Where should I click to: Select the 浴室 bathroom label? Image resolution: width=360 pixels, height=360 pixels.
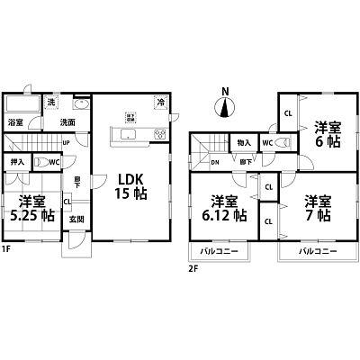click(x=16, y=121)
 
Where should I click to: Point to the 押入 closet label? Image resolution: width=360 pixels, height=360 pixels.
click(x=16, y=164)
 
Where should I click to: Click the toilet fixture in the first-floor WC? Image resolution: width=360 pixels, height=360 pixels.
click(x=40, y=163)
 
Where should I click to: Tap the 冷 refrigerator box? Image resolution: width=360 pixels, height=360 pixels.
click(x=161, y=102)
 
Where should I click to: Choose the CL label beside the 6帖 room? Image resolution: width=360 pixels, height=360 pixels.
click(x=287, y=114)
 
